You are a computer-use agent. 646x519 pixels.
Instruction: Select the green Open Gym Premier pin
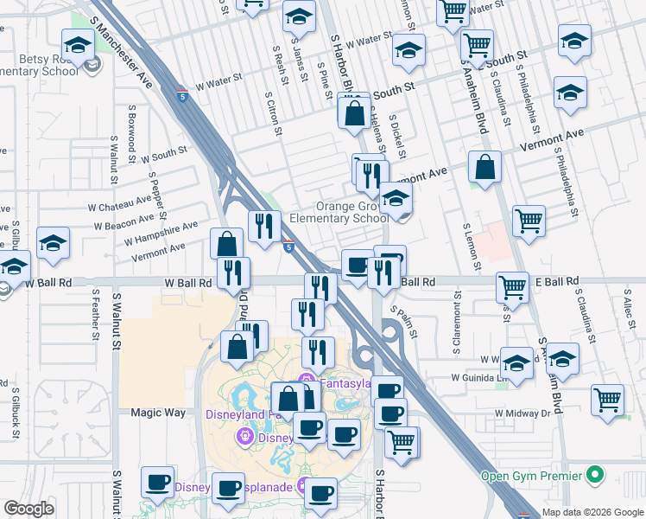pos(593,474)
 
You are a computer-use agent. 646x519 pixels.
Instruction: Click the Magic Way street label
pos(158,413)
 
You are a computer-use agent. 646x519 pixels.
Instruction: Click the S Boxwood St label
pos(131,134)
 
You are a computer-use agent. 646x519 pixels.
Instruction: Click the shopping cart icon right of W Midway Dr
pos(608,400)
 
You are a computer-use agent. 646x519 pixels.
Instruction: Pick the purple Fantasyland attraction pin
pos(304,381)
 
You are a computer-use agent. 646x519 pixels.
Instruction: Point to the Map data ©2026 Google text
pos(592,512)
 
